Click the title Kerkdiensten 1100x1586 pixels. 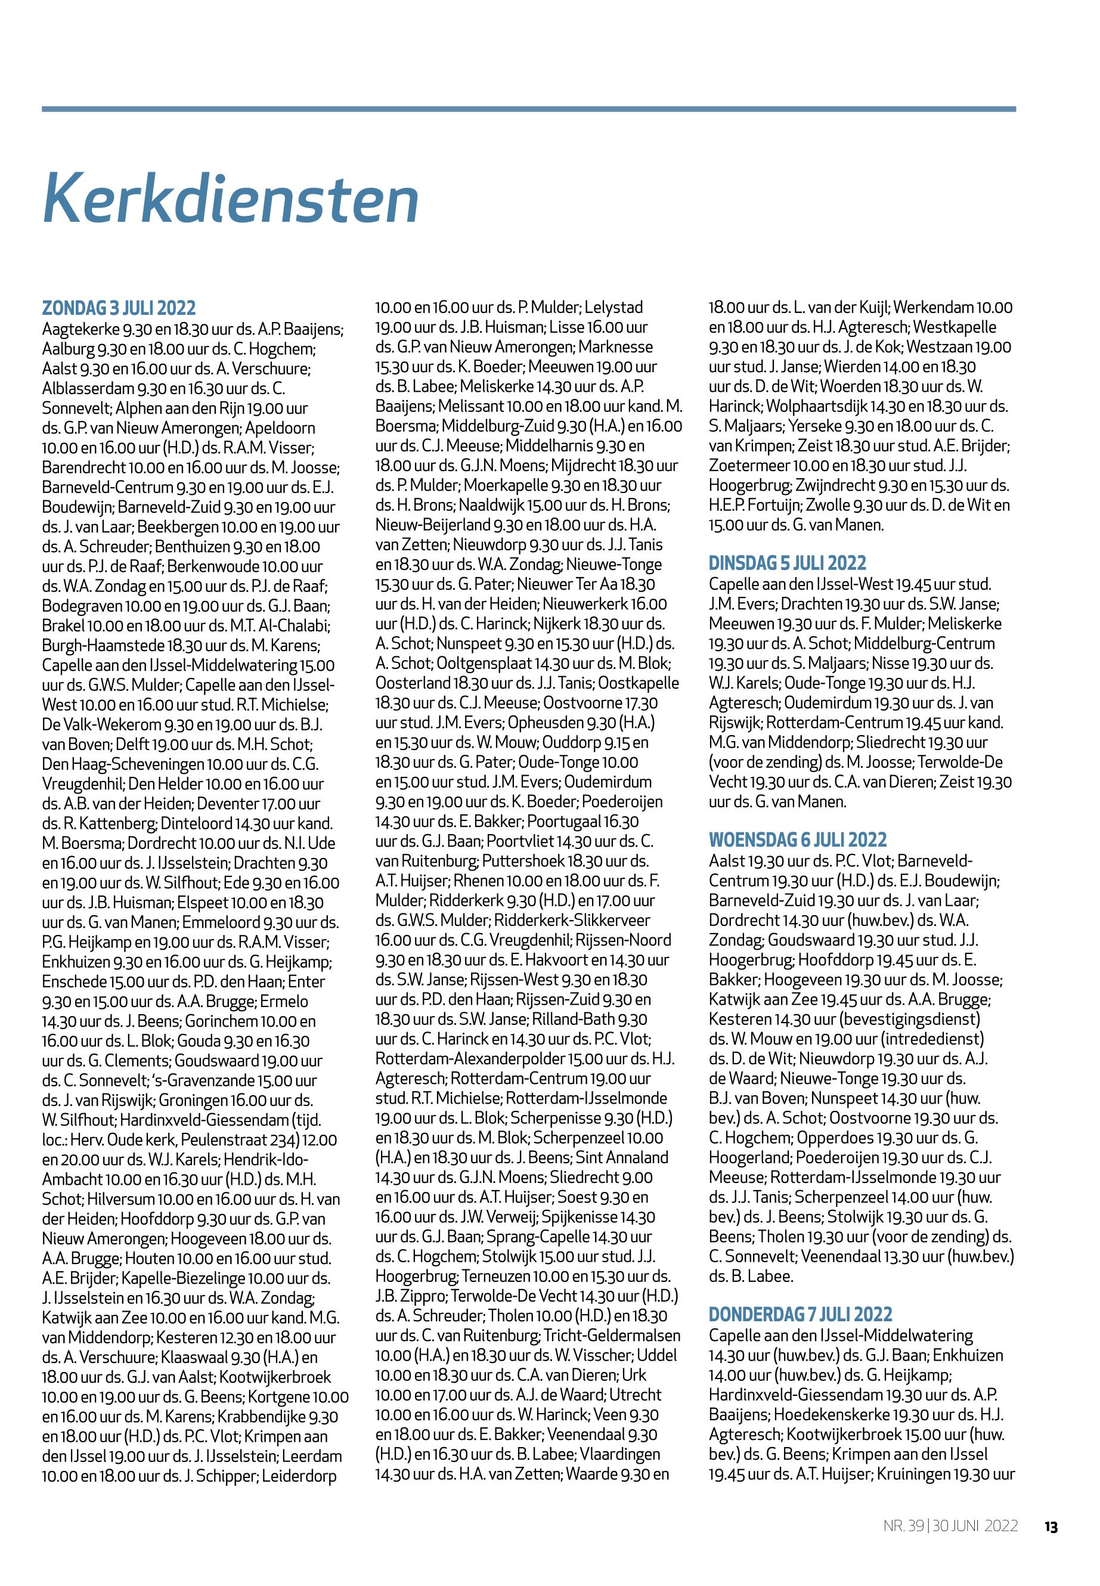tap(230, 199)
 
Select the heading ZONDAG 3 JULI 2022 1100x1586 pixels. tap(119, 308)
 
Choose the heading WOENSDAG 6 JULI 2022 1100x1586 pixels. tap(798, 840)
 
